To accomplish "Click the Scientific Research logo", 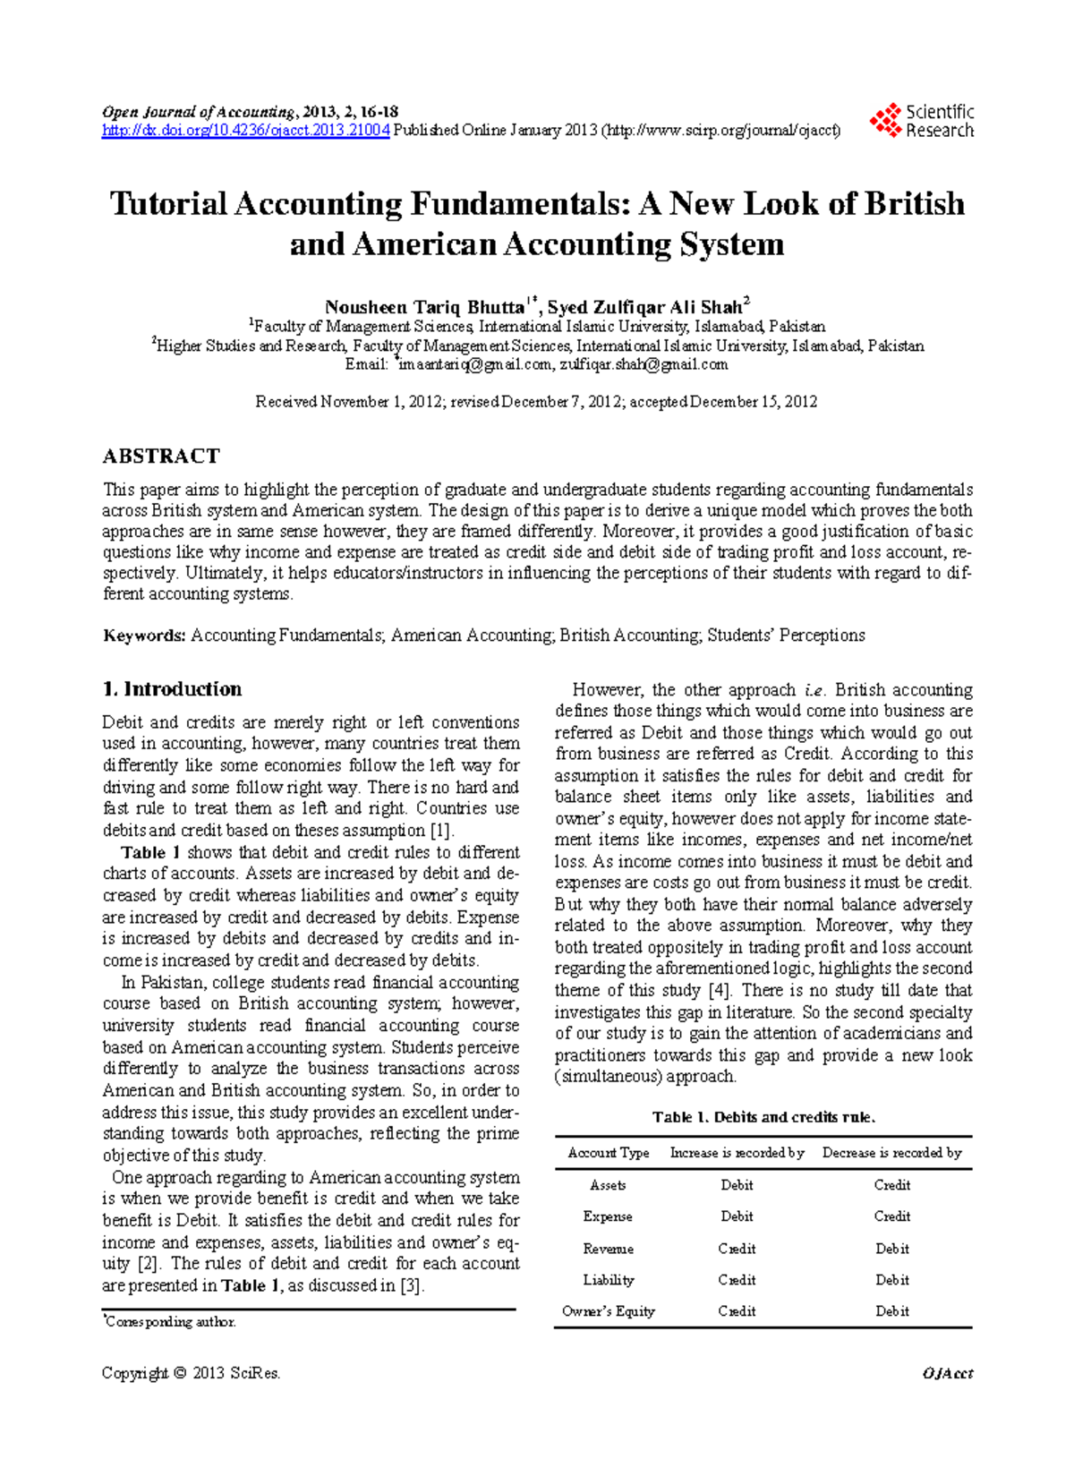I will tap(922, 121).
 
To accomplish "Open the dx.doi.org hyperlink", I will tap(245, 131).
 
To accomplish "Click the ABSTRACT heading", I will tap(161, 456).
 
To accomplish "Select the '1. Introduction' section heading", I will tap(172, 689).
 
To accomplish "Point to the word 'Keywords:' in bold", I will tap(144, 636).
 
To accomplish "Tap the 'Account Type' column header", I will tap(609, 1153).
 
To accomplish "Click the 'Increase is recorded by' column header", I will tap(737, 1153).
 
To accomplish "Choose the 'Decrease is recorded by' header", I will tap(891, 1153).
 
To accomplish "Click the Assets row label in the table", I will tap(608, 1185).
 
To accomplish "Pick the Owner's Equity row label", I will tap(609, 1311).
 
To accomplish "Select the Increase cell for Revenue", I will tap(737, 1249).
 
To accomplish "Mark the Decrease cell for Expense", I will tap(891, 1216).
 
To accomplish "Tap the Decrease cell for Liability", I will tap(891, 1280).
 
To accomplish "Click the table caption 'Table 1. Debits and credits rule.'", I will tap(763, 1117).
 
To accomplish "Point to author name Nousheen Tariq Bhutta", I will tap(425, 307).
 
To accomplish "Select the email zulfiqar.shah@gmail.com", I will tap(644, 364).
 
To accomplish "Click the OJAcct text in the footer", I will tap(947, 1374).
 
